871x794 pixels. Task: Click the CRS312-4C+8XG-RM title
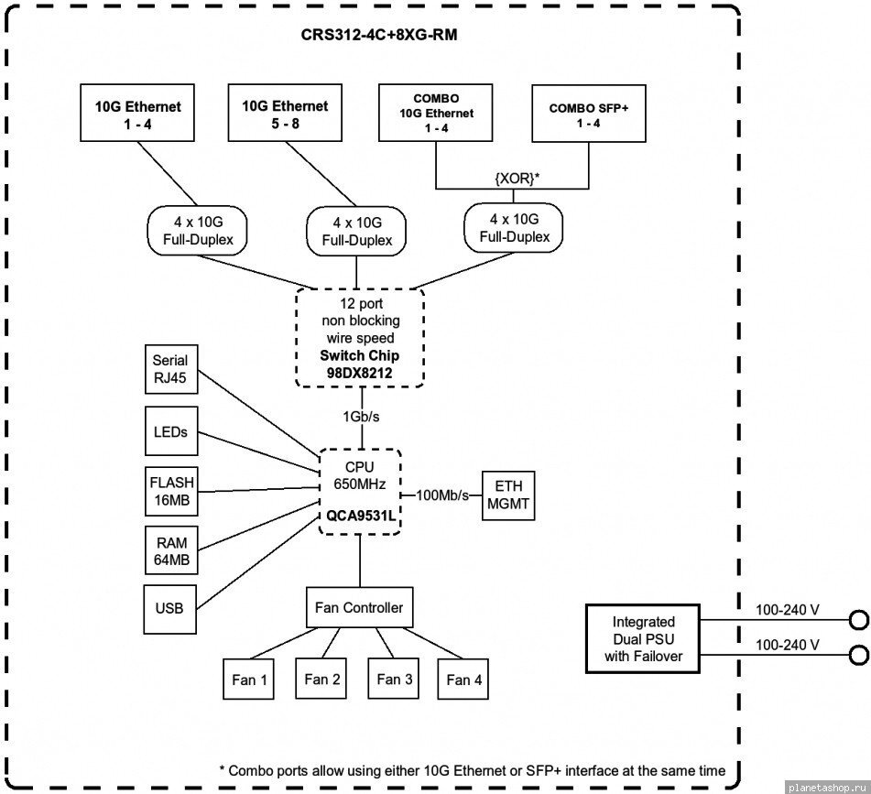[379, 35]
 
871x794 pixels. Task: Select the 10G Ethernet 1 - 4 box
[137, 113]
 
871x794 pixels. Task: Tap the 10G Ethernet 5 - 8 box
[285, 113]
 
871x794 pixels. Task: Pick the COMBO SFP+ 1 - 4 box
[589, 114]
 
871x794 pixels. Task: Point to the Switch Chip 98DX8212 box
[359, 338]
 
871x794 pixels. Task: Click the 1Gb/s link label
[361, 417]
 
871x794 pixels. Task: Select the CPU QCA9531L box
[360, 492]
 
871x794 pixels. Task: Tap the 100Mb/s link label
[442, 495]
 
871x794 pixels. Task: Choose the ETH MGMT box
[508, 495]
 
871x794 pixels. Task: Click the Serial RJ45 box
[171, 369]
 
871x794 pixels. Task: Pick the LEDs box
[171, 431]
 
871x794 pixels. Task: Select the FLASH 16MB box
[171, 492]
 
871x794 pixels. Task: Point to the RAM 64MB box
[171, 550]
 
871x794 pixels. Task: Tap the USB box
[170, 609]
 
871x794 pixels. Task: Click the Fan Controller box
[359, 607]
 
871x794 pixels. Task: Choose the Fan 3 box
[394, 679]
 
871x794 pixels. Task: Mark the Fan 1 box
[249, 679]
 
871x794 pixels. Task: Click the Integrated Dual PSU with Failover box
[643, 638]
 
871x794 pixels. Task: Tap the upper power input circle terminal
[859, 620]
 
